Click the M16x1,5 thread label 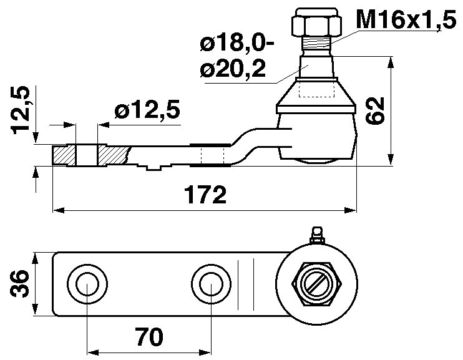tap(406, 19)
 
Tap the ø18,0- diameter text tap(237, 44)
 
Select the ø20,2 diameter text tap(233, 69)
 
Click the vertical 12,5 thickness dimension tap(21, 110)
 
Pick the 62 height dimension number tap(375, 110)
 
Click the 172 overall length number tap(205, 195)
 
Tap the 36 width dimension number tap(20, 283)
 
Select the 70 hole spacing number tap(149, 337)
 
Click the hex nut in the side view tap(316, 22)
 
